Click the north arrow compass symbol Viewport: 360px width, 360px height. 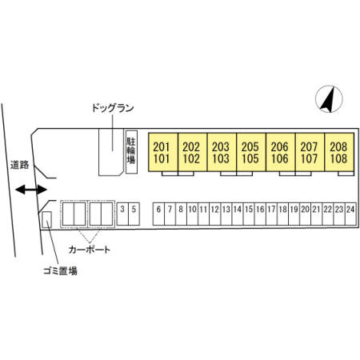click(329, 99)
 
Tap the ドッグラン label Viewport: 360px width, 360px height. click(113, 108)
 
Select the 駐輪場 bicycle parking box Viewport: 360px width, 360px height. click(131, 152)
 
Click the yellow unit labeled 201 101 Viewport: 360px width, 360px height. click(163, 152)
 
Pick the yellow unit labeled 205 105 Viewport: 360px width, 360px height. click(251, 152)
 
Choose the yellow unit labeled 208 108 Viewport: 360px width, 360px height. click(339, 152)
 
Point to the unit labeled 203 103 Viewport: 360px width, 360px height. click(222, 152)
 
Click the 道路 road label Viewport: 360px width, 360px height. click(20, 165)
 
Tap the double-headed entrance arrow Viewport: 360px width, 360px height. click(31, 190)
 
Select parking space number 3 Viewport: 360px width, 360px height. click(122, 214)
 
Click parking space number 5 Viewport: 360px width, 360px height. click(134, 214)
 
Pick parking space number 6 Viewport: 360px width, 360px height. click(158, 214)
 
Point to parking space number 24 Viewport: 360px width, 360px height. click(350, 214)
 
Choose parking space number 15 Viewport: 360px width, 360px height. click(249, 214)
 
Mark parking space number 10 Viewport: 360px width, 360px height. click(192, 214)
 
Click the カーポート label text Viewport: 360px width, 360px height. click(90, 250)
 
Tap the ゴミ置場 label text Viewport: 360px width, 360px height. click(60, 271)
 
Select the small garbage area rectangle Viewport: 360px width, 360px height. click(47, 220)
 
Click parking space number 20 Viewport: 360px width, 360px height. click(306, 214)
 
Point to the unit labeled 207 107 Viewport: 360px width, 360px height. click(310, 152)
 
